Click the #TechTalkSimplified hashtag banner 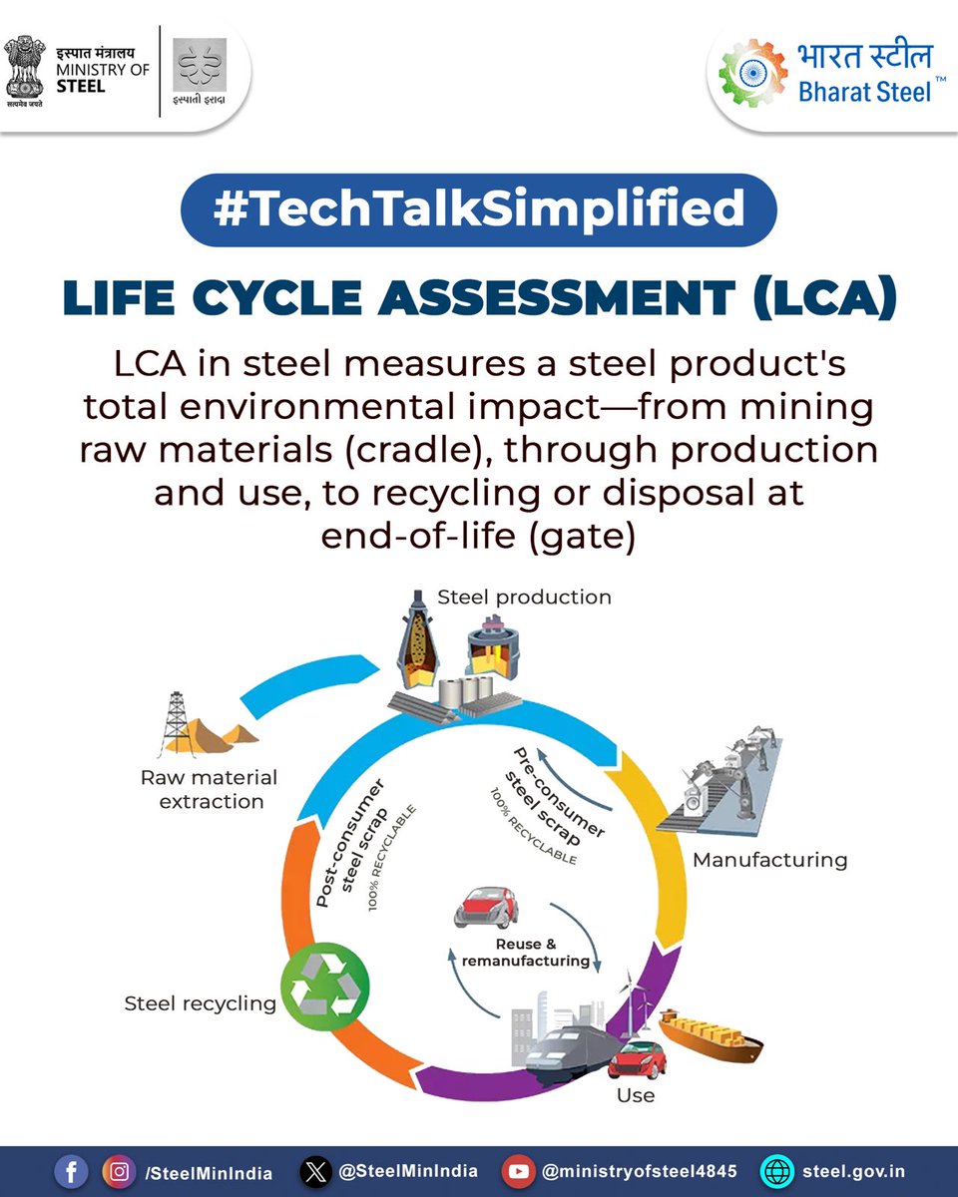tap(478, 209)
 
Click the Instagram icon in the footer tap(120, 1172)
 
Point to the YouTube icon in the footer tap(518, 1172)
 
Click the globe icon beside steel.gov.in tap(777, 1172)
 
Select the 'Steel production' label tap(524, 598)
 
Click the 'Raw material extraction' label tap(209, 789)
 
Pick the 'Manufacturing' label tap(769, 859)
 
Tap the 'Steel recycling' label tap(200, 1003)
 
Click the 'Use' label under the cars tap(635, 1095)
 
